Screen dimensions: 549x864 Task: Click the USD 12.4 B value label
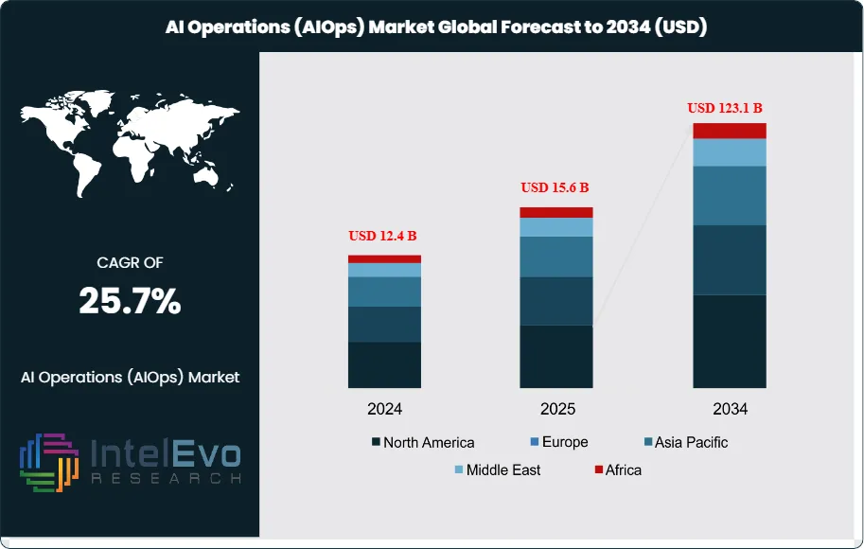[384, 235]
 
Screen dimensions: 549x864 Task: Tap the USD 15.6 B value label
[555, 187]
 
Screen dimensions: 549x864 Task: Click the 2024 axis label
[385, 410]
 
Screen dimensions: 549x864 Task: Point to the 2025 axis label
[556, 410]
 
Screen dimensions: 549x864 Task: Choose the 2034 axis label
[730, 410]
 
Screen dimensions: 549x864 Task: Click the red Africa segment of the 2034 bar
[730, 131]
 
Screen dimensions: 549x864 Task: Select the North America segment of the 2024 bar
[384, 364]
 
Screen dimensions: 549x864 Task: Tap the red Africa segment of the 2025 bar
[556, 212]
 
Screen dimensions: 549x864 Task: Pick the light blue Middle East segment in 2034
[730, 152]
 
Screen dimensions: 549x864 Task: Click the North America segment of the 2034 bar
[730, 341]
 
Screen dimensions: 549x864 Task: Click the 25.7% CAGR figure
[130, 302]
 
